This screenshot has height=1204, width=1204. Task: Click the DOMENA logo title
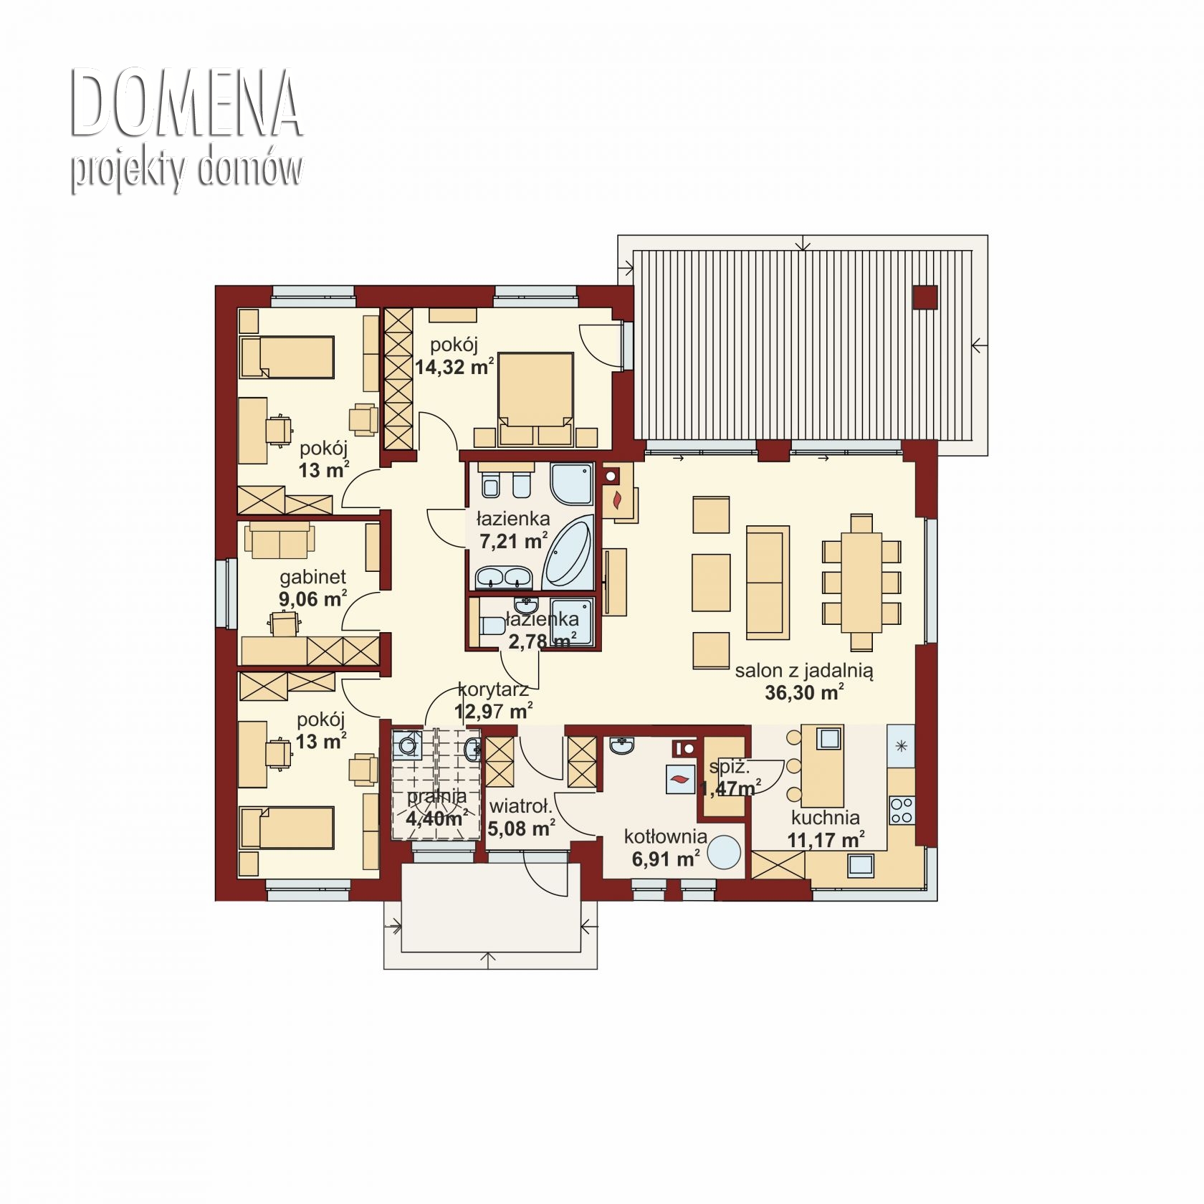tap(186, 104)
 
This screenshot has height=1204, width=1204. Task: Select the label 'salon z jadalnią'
tap(804, 671)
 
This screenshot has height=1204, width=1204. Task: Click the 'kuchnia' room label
tap(826, 817)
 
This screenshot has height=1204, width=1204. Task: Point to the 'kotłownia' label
tap(666, 836)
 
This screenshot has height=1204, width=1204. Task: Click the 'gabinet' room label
tap(313, 577)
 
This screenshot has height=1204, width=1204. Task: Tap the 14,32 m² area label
tap(454, 367)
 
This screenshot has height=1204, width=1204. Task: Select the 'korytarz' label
tap(493, 690)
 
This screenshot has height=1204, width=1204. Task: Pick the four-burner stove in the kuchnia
tap(902, 810)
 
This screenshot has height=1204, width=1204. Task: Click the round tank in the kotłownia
tap(725, 852)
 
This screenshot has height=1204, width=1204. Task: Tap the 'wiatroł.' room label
tap(521, 807)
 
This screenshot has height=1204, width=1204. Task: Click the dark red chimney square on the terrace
tap(925, 297)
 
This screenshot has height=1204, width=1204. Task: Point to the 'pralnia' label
tap(436, 796)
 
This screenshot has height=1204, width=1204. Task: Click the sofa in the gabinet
tap(279, 540)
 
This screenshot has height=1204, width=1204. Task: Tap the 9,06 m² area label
tap(313, 598)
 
